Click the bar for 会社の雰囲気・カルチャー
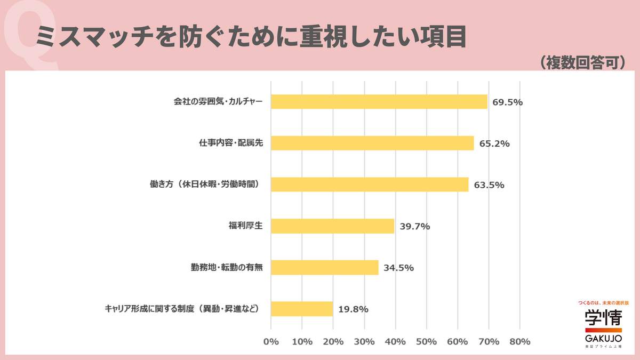pyautogui.click(x=379, y=101)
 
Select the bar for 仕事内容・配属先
pyautogui.click(x=372, y=143)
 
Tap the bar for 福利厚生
pyautogui.click(x=332, y=226)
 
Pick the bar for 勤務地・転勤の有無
pyautogui.click(x=324, y=267)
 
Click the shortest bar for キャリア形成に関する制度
pyautogui.click(x=302, y=309)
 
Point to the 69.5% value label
pyautogui.click(x=507, y=102)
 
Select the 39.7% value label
pyautogui.click(x=414, y=226)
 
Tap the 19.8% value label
pyautogui.click(x=353, y=309)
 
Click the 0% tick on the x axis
pyautogui.click(x=271, y=341)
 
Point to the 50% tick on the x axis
pyautogui.click(x=427, y=341)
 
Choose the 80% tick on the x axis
pyautogui.click(x=519, y=341)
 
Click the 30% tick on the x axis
pyautogui.click(x=364, y=341)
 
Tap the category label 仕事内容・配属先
pyautogui.click(x=231, y=143)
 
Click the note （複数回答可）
pyautogui.click(x=581, y=62)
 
